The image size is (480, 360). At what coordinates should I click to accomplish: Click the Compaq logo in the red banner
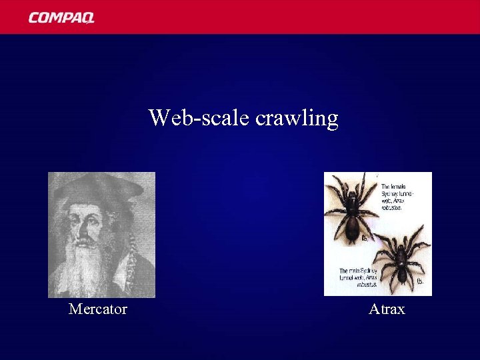coord(61,17)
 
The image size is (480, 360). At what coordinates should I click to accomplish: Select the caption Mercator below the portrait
coord(98,309)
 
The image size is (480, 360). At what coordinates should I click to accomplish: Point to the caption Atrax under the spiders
coord(387,309)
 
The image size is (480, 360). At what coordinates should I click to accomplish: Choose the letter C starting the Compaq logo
coord(33,17)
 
